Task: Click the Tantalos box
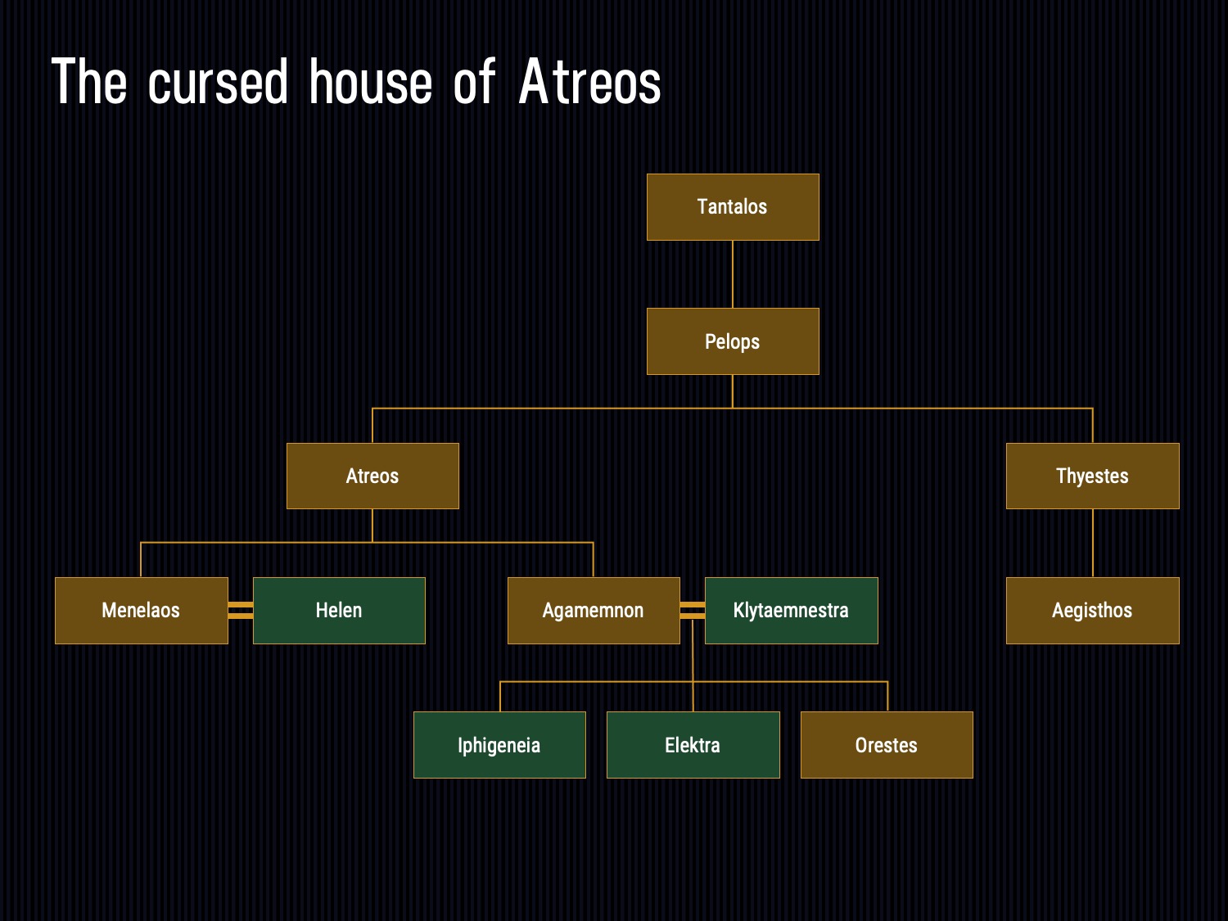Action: click(733, 207)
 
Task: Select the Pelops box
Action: click(733, 341)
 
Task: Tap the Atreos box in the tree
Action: click(372, 476)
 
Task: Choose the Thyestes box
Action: click(1093, 476)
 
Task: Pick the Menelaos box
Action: click(142, 611)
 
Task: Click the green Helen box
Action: click(339, 611)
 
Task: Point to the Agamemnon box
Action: click(594, 611)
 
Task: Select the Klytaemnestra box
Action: click(792, 611)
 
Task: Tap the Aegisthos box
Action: click(1093, 611)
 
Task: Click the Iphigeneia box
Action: click(499, 745)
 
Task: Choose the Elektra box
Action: click(693, 745)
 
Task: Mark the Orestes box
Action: click(887, 745)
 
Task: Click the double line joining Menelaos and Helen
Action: click(241, 611)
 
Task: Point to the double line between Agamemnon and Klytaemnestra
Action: click(693, 611)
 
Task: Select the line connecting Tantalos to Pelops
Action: click(733, 274)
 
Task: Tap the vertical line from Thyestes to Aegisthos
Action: click(1093, 543)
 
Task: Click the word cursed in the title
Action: click(218, 83)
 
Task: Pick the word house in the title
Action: click(371, 83)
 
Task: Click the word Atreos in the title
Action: click(589, 83)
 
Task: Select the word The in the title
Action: click(89, 82)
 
